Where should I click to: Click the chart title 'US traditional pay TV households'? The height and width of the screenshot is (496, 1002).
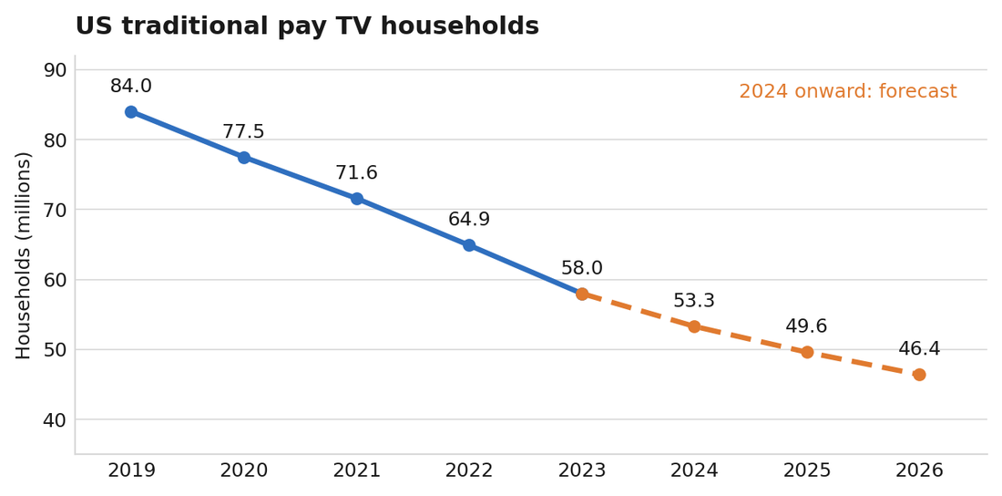(x=307, y=26)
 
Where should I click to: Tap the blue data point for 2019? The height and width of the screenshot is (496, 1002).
(x=131, y=112)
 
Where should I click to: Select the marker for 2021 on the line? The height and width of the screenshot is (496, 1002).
(x=356, y=199)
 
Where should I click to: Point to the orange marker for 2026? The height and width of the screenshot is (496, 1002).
(x=919, y=375)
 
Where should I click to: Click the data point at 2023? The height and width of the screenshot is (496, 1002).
(x=581, y=294)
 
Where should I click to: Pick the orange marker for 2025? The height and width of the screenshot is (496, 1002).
(x=806, y=352)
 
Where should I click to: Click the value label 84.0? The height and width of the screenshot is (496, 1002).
(x=131, y=86)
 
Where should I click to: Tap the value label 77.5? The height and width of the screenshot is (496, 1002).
(x=243, y=132)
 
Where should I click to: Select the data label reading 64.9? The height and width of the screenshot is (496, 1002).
(x=469, y=220)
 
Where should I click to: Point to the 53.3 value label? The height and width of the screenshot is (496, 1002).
(x=694, y=301)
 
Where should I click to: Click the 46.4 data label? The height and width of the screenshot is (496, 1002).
(x=919, y=349)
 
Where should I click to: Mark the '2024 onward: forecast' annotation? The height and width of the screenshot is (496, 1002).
(x=848, y=91)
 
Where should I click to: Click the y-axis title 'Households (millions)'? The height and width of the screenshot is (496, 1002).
(x=23, y=255)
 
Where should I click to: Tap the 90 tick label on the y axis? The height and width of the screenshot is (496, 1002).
(x=56, y=70)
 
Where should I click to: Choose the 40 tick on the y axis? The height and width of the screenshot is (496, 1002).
(x=56, y=419)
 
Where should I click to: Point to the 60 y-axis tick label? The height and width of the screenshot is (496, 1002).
(x=56, y=280)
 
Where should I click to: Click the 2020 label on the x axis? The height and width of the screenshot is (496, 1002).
(x=243, y=471)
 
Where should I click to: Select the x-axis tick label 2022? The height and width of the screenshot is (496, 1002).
(x=469, y=471)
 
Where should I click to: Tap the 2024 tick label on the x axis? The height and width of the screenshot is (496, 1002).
(x=694, y=471)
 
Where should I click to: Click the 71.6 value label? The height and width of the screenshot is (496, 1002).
(x=356, y=173)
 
